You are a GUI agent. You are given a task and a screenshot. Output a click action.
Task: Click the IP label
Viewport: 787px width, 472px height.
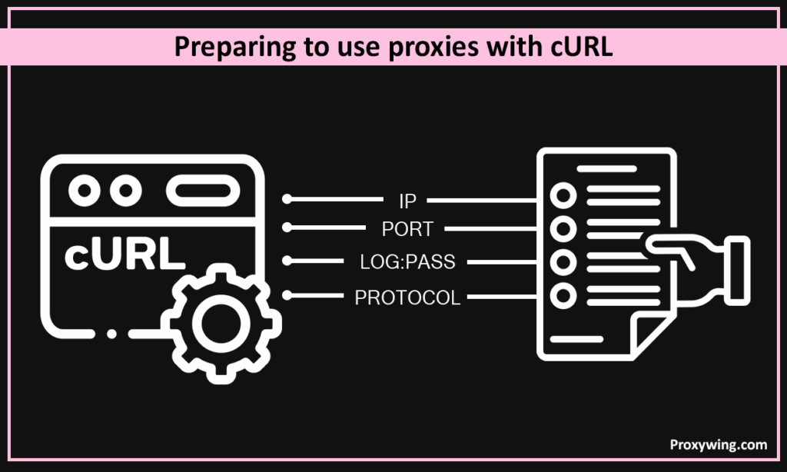[x=407, y=201]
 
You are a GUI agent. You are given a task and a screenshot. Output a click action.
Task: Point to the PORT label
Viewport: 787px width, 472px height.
[x=407, y=229]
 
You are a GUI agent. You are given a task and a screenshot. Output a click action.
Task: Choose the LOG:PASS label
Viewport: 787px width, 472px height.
[x=407, y=262]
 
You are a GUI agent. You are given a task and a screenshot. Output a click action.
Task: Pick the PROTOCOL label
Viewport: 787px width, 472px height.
[x=407, y=297]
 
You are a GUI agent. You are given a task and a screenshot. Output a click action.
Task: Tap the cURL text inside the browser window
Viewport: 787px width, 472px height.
[x=124, y=257]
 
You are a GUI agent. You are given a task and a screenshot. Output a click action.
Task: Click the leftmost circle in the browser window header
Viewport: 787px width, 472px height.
[x=83, y=190]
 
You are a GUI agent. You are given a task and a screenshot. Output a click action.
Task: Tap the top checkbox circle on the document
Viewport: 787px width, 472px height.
[x=563, y=196]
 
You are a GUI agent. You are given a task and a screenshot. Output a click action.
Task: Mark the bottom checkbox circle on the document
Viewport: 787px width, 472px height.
[x=563, y=294]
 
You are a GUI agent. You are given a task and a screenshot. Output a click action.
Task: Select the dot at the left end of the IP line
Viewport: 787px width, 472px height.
[x=287, y=199]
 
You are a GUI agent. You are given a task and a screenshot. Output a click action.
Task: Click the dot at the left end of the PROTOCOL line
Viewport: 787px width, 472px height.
[x=287, y=294]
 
